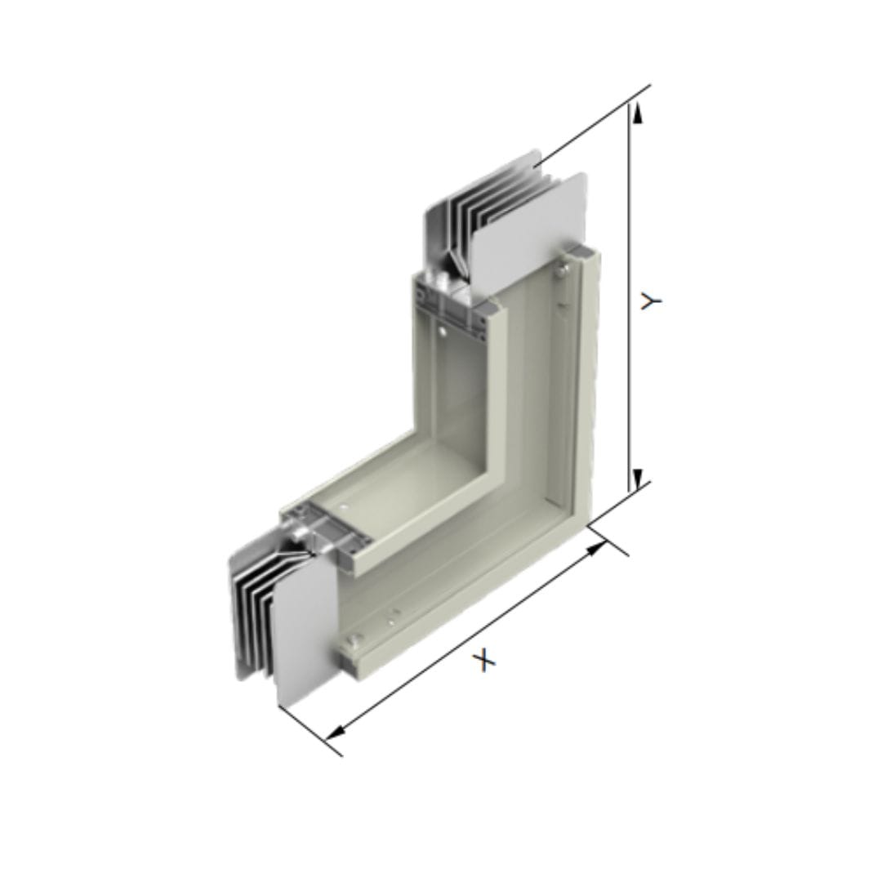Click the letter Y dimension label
point(652,301)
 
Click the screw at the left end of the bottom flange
point(354,639)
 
